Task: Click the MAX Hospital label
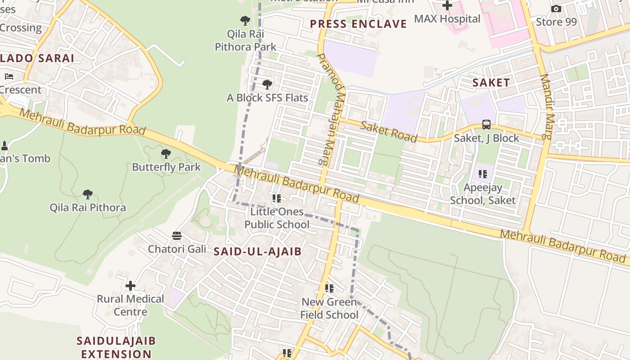447,19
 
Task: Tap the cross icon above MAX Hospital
447,5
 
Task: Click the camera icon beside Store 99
556,9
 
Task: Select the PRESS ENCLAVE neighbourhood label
358,24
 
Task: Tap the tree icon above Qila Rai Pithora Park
245,20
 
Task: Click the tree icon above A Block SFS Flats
267,85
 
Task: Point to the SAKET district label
491,82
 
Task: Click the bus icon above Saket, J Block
486,125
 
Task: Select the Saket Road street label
388,132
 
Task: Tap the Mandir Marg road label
546,106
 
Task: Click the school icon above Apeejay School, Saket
483,174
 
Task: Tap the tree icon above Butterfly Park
166,154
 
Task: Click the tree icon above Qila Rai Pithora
88,194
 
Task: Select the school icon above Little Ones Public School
277,198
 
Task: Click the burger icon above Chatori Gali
177,236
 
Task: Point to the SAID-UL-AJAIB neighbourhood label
257,252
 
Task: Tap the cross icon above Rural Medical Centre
130,286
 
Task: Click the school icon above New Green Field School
329,288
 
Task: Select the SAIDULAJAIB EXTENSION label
116,347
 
